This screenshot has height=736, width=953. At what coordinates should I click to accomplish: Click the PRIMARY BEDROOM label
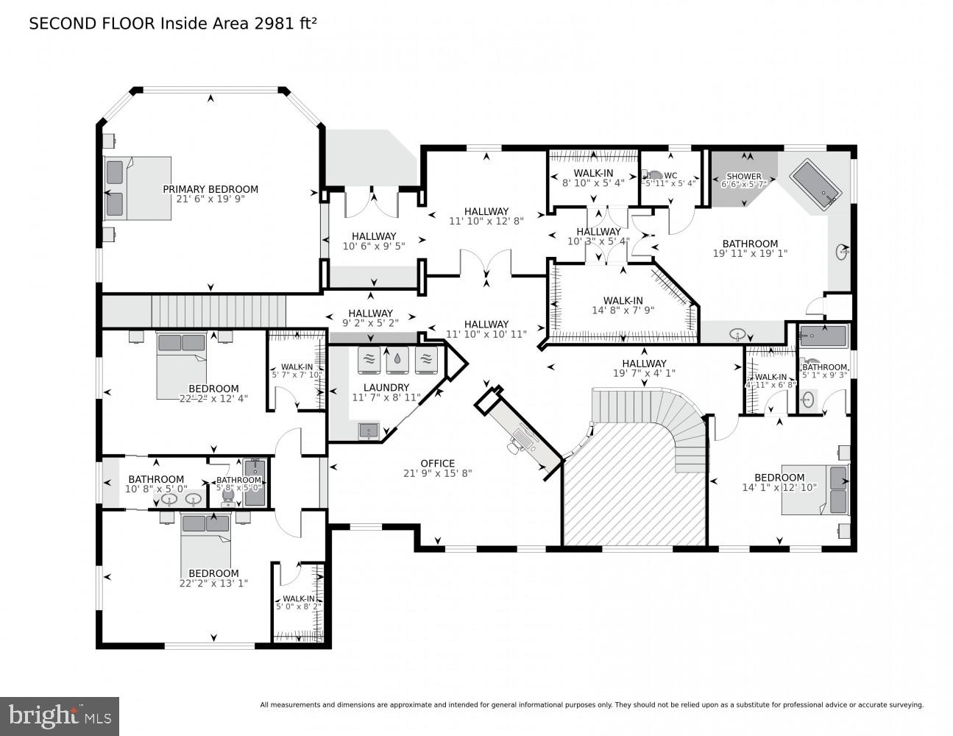pyautogui.click(x=210, y=189)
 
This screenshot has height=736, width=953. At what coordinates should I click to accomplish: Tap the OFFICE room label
pyautogui.click(x=437, y=464)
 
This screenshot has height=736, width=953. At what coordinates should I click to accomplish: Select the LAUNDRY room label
pyautogui.click(x=386, y=388)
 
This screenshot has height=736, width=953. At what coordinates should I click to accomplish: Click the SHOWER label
pyautogui.click(x=744, y=177)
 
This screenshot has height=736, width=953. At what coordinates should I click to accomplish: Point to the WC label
pyautogui.click(x=670, y=175)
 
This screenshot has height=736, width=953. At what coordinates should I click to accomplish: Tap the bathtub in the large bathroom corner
pyautogui.click(x=815, y=183)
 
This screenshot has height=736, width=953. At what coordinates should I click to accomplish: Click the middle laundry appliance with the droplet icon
pyautogui.click(x=397, y=360)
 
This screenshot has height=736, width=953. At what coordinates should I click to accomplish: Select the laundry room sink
pyautogui.click(x=369, y=429)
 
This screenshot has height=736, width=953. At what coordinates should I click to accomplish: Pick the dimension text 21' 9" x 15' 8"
pyautogui.click(x=437, y=473)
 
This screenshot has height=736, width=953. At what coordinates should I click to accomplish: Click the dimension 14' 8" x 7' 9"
pyautogui.click(x=623, y=310)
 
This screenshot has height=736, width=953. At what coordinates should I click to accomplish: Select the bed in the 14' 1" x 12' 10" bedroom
pyautogui.click(x=815, y=489)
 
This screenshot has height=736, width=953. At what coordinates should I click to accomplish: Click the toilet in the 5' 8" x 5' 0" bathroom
pyautogui.click(x=228, y=497)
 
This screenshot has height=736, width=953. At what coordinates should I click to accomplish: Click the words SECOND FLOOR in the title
pyautogui.click(x=92, y=24)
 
